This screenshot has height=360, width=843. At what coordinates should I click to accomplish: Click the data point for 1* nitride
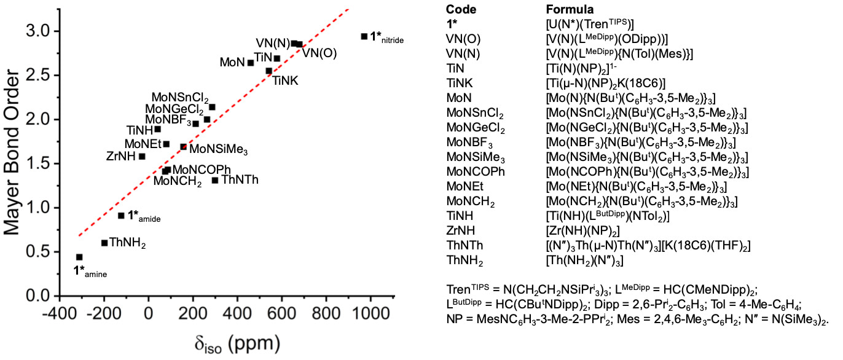[364, 36]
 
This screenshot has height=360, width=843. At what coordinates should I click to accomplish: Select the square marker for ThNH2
[104, 243]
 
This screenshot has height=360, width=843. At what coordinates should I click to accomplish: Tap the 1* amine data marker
[79, 257]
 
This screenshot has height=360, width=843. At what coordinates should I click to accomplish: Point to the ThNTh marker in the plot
[215, 180]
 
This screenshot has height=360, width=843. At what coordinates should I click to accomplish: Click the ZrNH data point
[142, 156]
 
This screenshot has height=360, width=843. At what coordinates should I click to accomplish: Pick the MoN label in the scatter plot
[232, 63]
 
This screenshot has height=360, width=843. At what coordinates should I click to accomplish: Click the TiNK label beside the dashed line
[286, 80]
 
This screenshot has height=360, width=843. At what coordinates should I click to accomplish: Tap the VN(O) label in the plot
[320, 53]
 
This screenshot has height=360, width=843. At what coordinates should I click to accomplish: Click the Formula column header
[570, 9]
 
